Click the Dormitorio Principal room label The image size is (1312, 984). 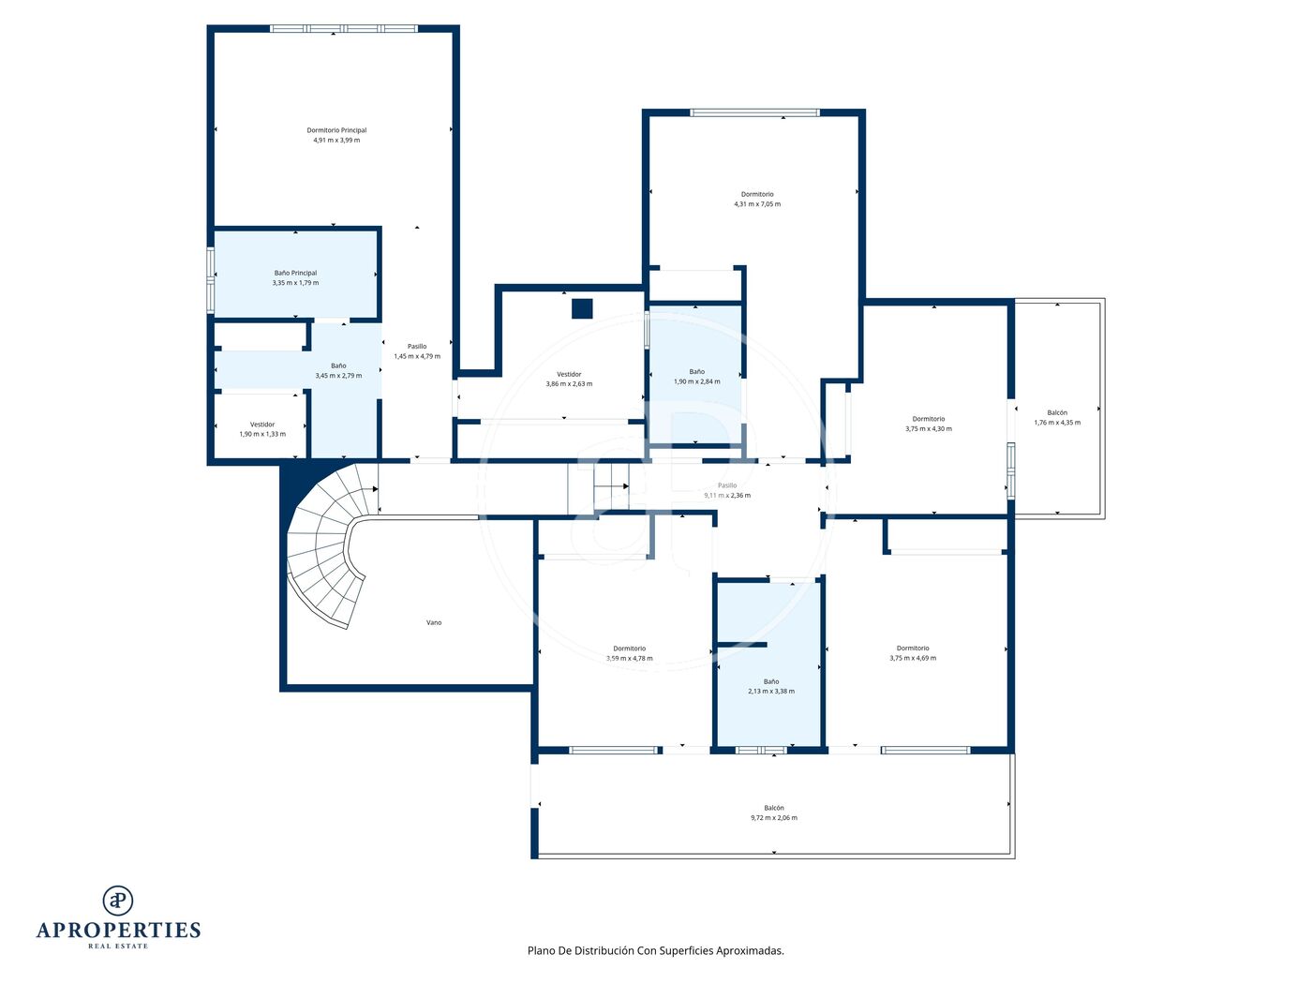pyautogui.click(x=336, y=130)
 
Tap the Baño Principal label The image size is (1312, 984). pyautogui.click(x=295, y=273)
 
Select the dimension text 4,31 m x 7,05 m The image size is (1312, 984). pyautogui.click(x=757, y=204)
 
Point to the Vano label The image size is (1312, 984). pyautogui.click(x=434, y=622)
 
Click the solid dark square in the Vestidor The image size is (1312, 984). pyautogui.click(x=582, y=309)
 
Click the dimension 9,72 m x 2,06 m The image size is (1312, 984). pyautogui.click(x=774, y=818)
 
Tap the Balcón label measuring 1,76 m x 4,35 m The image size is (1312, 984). pyautogui.click(x=1057, y=413)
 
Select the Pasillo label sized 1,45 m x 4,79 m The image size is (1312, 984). pyautogui.click(x=417, y=347)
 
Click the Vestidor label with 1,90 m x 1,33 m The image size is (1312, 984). pyautogui.click(x=262, y=425)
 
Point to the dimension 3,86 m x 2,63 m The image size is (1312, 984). pyautogui.click(x=569, y=384)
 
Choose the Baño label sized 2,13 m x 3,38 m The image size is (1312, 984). pyautogui.click(x=771, y=681)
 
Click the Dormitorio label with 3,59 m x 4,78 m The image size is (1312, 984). pyautogui.click(x=630, y=649)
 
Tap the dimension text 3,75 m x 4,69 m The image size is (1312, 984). pyautogui.click(x=913, y=659)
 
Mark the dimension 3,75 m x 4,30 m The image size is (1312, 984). pyautogui.click(x=929, y=429)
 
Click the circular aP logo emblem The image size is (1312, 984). pyautogui.click(x=118, y=901)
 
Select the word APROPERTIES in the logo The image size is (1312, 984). pyautogui.click(x=118, y=931)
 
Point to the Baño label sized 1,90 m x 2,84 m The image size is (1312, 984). pyautogui.click(x=697, y=372)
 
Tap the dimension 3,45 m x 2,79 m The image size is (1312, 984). pyautogui.click(x=338, y=376)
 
